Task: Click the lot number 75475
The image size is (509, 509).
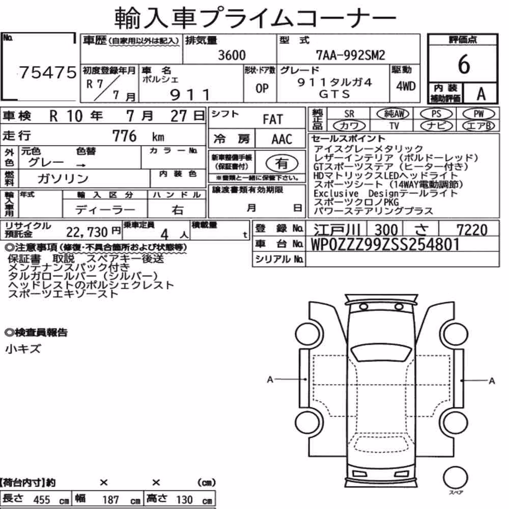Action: coord(48,72)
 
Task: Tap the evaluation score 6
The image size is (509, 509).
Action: coord(463,64)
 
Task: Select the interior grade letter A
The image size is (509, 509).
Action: coord(481,94)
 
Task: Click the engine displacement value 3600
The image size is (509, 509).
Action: coord(232,55)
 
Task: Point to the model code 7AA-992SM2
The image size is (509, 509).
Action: coord(351,55)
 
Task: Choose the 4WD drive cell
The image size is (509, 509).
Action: coord(406,86)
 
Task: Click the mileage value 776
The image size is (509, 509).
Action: coord(124,136)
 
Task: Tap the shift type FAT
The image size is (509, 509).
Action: coord(273,119)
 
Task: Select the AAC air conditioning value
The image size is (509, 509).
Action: coord(281,139)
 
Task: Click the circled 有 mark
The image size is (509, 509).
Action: coord(282,163)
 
